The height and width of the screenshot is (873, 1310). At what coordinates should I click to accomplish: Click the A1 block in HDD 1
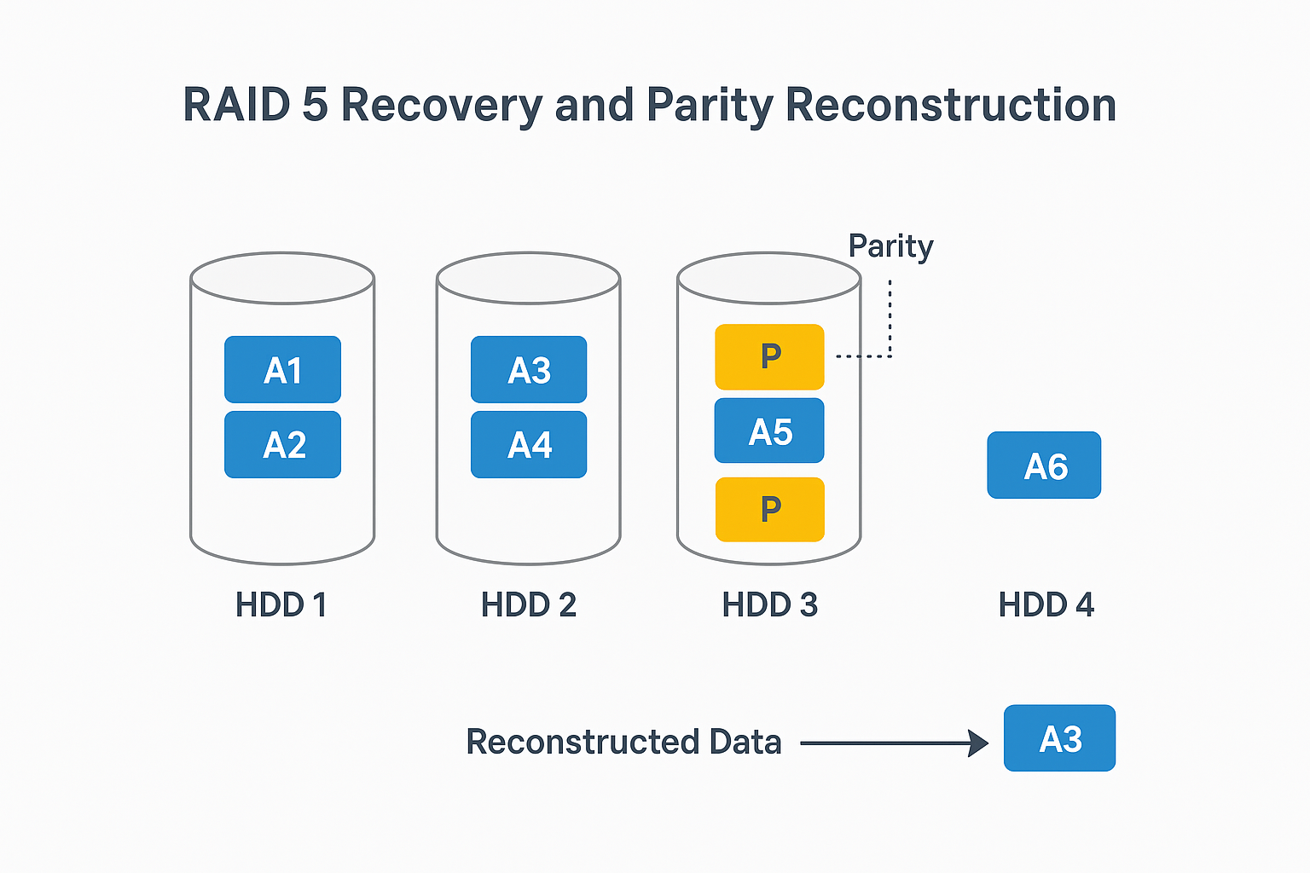(x=282, y=370)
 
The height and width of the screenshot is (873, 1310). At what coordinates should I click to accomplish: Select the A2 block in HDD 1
(x=282, y=444)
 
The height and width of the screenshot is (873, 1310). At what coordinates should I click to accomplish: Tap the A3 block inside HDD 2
(x=529, y=370)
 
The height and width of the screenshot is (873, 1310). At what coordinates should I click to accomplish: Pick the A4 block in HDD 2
(x=529, y=444)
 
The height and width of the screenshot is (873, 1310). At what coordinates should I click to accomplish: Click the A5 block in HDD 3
(x=769, y=431)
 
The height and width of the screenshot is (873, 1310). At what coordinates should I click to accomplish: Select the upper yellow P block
(x=769, y=356)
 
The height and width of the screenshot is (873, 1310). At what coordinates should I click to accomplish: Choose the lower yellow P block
(x=769, y=509)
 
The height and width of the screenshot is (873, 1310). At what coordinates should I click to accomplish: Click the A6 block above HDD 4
(x=1044, y=465)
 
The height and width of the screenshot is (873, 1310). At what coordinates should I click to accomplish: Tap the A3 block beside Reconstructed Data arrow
(x=1059, y=738)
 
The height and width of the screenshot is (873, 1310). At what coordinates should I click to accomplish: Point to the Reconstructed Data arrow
(x=893, y=743)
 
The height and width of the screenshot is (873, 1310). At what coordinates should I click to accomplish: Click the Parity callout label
(x=890, y=246)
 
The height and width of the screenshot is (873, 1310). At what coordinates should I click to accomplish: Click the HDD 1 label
(x=281, y=605)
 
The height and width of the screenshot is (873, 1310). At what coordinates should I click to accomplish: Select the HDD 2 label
(x=529, y=605)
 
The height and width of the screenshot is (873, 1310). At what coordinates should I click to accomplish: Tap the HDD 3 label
(x=769, y=605)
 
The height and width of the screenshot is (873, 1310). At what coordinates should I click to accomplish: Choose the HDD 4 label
(x=1046, y=605)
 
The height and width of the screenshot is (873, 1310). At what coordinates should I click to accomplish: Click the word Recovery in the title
(x=442, y=106)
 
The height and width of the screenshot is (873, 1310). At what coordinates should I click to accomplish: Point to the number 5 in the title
(x=315, y=105)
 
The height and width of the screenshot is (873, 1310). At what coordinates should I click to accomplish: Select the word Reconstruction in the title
(x=950, y=105)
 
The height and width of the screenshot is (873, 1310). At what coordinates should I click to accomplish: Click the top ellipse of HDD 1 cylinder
(x=282, y=278)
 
